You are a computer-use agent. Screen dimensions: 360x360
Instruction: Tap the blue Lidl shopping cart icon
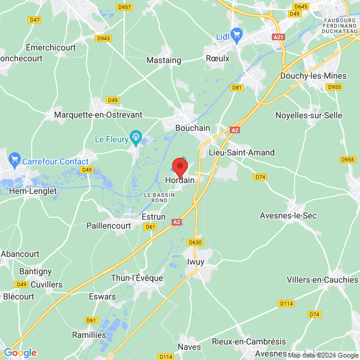236,34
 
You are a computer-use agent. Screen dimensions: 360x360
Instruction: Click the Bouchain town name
193,128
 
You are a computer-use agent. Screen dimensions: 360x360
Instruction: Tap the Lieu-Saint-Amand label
241,152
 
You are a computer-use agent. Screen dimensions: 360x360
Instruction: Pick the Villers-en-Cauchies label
321,280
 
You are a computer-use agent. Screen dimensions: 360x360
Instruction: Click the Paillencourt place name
110,226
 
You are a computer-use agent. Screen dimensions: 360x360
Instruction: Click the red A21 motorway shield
278,37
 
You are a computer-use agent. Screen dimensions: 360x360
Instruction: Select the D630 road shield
195,242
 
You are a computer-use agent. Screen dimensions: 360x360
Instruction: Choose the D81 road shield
236,87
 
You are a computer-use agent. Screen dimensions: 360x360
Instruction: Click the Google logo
20,353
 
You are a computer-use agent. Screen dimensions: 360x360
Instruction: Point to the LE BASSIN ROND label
159,198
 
